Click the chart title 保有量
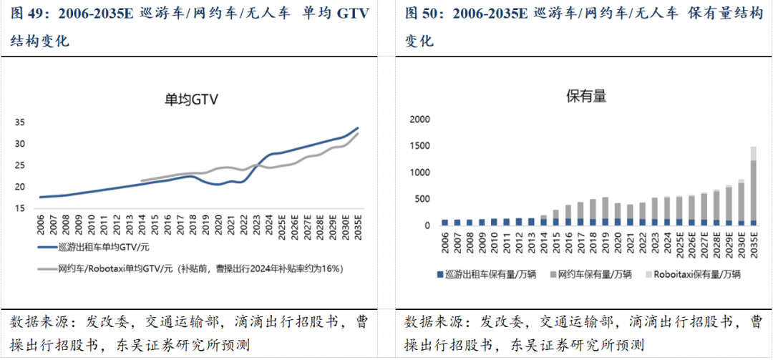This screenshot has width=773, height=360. point(586,96)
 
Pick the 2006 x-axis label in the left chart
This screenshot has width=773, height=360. point(42,226)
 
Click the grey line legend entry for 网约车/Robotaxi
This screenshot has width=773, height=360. point(193,268)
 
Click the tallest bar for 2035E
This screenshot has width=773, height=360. point(754,190)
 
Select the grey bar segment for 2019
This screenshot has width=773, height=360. point(605,208)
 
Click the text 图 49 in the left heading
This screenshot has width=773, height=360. point(28,14)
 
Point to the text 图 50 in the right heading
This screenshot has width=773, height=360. point(422,14)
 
